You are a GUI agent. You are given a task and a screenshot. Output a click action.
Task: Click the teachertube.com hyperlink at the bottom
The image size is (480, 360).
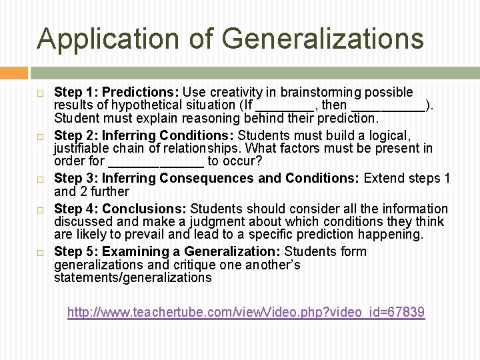[246, 312]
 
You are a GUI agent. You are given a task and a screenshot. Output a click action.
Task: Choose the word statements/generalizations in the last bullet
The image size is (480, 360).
[133, 277]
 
